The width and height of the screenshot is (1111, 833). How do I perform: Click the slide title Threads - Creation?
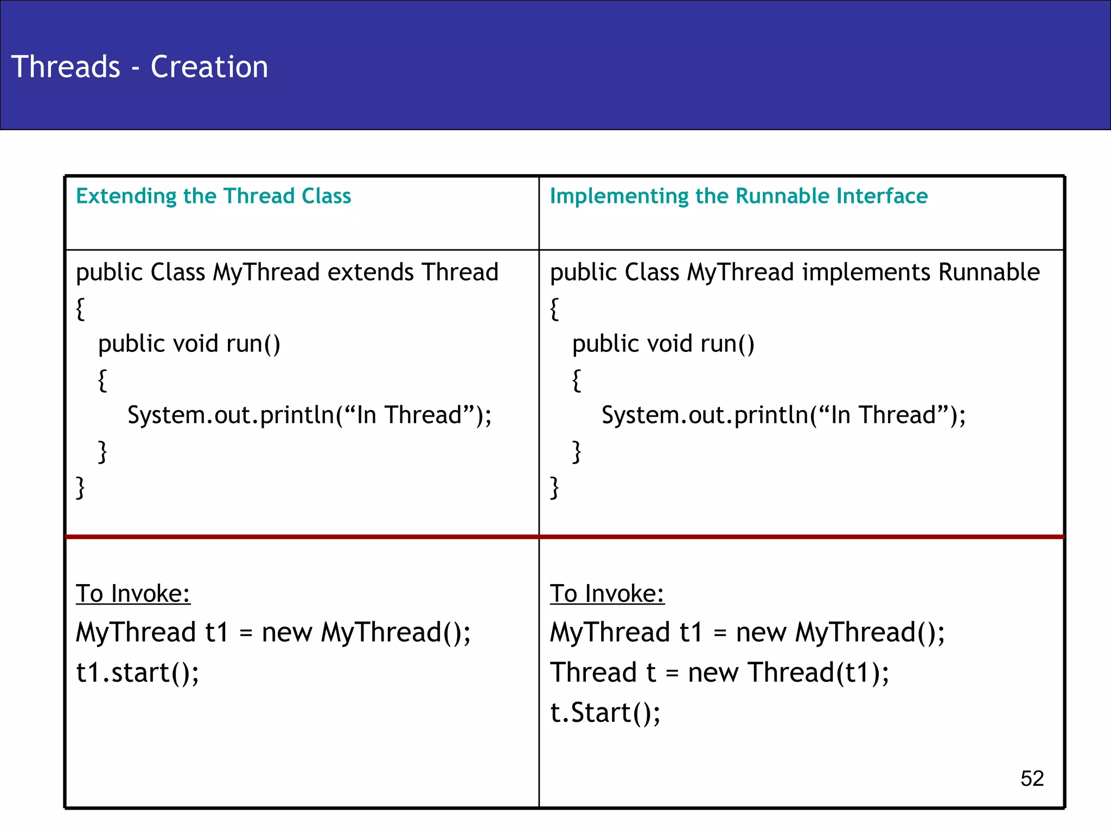click(x=139, y=67)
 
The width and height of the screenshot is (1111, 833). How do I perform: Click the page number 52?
click(x=1032, y=779)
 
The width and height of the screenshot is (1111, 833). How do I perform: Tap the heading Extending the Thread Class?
click(x=213, y=196)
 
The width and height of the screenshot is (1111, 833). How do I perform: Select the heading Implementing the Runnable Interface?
click(x=738, y=196)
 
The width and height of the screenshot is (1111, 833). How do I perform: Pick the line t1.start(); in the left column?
click(x=137, y=673)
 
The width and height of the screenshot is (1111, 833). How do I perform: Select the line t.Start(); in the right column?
click(x=605, y=713)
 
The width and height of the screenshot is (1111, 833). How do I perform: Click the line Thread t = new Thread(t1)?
click(x=719, y=673)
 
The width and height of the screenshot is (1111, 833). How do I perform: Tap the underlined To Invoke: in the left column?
click(x=133, y=593)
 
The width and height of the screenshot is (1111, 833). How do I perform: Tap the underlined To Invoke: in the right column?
click(x=607, y=593)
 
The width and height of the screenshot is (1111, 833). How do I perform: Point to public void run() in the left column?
click(x=189, y=344)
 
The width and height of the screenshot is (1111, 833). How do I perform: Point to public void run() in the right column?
click(x=663, y=344)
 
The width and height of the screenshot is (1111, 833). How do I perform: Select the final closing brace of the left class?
click(x=80, y=487)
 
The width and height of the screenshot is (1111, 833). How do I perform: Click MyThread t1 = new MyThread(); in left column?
click(x=273, y=633)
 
